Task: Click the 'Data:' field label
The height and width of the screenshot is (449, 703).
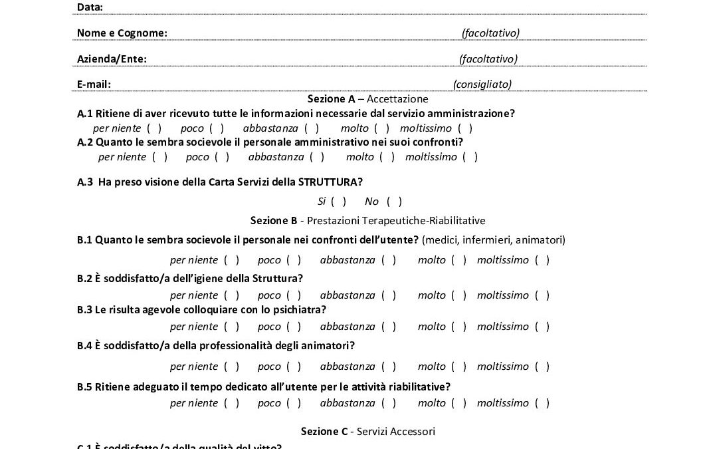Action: pos(90,7)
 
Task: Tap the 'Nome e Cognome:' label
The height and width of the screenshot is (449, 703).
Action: pos(122,33)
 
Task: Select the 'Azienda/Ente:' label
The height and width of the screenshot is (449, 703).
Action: pos(112,59)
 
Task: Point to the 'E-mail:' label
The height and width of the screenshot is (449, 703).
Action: pos(94,84)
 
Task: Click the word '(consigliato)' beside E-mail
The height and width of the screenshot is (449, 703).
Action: pos(482,84)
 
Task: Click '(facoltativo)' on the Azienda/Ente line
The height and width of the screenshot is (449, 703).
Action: pos(488,59)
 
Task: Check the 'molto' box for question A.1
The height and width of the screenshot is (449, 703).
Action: pos(381,128)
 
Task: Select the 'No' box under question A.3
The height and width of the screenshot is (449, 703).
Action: pos(394,201)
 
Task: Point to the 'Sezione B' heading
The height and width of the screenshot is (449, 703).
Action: pos(273,220)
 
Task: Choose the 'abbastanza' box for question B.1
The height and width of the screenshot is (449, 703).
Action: pos(389,259)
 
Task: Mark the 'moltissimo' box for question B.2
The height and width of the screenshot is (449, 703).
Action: pos(542,295)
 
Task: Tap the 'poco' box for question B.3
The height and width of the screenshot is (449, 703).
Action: pos(294,326)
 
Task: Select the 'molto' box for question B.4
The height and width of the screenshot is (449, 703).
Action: pos(458,366)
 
